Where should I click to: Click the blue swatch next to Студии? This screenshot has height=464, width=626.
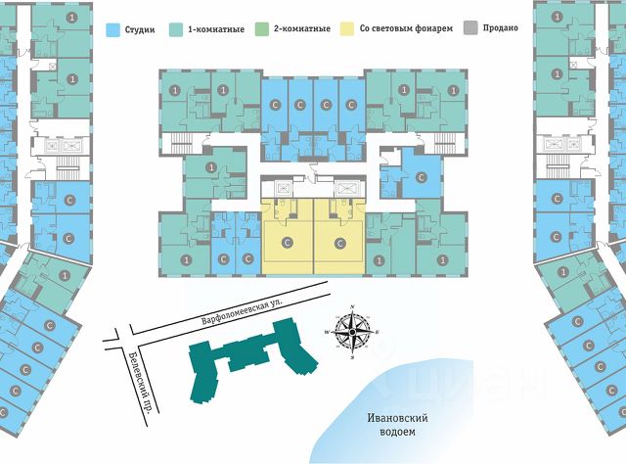[x=114, y=29]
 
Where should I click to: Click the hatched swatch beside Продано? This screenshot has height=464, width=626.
[x=474, y=29]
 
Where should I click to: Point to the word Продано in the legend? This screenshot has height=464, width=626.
[x=500, y=29]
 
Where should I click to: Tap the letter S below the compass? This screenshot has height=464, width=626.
[x=350, y=358]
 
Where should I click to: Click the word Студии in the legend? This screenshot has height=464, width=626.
[x=141, y=29]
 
